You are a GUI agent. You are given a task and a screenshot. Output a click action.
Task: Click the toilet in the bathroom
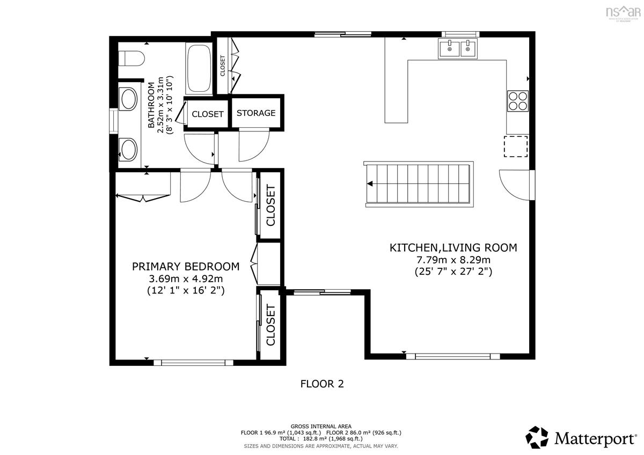coord(131,58)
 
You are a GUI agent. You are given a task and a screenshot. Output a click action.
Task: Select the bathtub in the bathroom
coord(200,69)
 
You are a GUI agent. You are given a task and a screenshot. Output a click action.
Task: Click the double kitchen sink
coord(458,49)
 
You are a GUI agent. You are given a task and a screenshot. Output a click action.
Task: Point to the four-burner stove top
coord(518,100)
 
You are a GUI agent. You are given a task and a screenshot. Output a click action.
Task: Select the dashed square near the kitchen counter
coord(515,146)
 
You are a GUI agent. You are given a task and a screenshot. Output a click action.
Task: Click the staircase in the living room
coord(419,184)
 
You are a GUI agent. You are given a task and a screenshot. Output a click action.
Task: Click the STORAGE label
coord(256,113)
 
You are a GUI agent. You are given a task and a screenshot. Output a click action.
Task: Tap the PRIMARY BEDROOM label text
coord(186,267)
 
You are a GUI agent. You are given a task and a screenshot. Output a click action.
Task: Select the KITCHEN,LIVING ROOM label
coord(453,247)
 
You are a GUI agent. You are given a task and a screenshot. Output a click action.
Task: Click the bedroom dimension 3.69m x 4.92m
coord(186,278)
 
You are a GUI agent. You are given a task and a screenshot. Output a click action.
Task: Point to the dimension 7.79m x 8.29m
coord(453,260)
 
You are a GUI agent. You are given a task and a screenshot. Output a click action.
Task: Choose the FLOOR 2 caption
coord(321,384)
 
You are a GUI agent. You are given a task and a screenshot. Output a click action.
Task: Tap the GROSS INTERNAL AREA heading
coord(321,426)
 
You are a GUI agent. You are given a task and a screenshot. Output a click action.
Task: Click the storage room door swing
coord(253,145)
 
